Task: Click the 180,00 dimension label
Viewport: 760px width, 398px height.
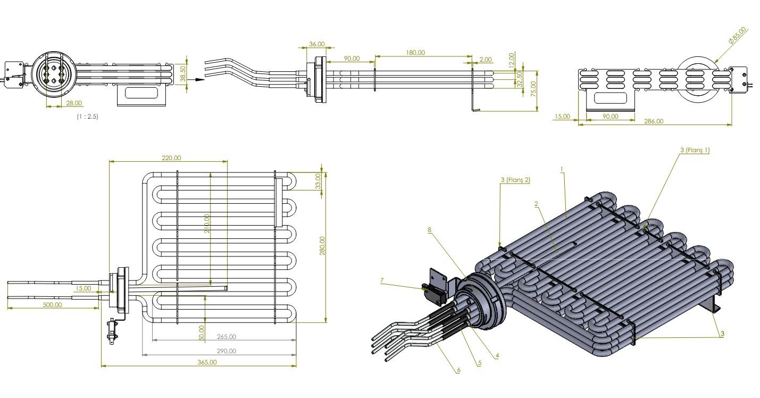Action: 415,52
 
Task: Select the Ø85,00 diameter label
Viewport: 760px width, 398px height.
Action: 738,35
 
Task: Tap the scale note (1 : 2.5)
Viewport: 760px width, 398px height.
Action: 87,116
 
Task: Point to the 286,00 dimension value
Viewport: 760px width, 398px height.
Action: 653,121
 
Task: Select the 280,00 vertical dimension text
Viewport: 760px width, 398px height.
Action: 322,245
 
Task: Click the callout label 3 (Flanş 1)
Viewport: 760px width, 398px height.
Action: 695,150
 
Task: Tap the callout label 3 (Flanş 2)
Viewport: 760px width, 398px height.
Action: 515,180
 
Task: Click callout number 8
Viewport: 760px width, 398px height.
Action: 430,230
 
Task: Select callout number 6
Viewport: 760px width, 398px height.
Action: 457,370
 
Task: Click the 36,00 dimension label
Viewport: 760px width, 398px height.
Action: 316,44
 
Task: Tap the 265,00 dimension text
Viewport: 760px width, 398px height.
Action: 227,336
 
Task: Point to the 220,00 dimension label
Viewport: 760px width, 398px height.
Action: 171,157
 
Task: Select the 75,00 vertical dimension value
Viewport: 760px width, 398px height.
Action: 533,88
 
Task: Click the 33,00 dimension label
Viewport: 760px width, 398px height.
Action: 319,181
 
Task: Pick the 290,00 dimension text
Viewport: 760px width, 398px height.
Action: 227,351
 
